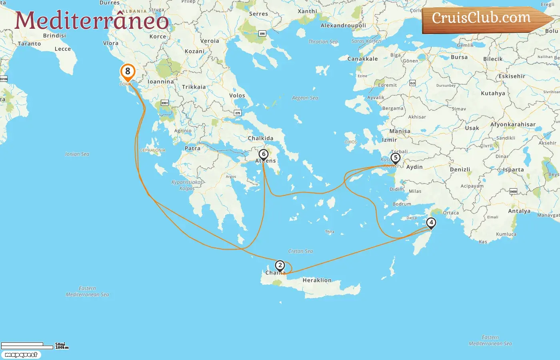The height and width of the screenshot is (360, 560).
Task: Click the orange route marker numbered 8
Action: click(x=128, y=72)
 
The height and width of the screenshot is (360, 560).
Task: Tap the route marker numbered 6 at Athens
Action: click(x=263, y=154)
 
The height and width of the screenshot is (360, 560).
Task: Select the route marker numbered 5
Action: click(x=395, y=158)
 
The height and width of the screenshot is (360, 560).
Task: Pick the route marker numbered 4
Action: click(x=431, y=223)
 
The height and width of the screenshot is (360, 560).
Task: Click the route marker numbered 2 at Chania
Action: click(x=280, y=266)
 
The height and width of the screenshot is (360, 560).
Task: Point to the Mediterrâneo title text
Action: click(x=92, y=21)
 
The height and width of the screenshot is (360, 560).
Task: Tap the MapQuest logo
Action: click(x=21, y=355)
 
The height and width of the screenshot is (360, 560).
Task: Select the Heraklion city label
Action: click(x=317, y=280)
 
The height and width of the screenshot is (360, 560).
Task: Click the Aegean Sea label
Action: click(x=305, y=98)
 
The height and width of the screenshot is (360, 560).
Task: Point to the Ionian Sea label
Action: click(x=77, y=154)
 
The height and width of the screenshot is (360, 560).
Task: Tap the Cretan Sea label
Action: click(x=300, y=251)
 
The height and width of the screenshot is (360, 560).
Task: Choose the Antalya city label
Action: click(x=519, y=211)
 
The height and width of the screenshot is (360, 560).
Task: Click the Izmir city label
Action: click(x=389, y=140)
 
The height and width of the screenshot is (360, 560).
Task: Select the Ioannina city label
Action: click(x=161, y=82)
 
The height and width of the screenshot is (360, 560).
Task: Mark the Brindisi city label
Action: click(x=54, y=36)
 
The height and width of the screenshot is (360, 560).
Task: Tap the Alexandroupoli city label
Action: click(x=343, y=26)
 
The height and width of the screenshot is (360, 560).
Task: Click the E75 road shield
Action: click(x=238, y=113)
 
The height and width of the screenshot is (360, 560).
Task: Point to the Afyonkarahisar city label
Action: click(x=513, y=124)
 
